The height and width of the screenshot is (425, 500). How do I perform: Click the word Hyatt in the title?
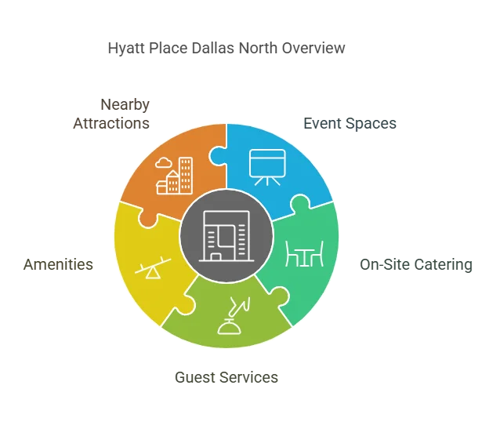tap(126, 49)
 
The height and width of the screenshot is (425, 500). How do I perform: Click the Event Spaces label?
tap(350, 123)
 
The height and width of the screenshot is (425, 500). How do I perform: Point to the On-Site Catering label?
tap(416, 264)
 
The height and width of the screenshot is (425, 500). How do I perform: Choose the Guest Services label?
tap(226, 377)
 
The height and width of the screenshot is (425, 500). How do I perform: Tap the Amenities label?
tap(58, 264)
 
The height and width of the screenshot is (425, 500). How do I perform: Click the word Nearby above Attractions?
tap(125, 105)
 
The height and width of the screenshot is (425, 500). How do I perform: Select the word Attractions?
tap(111, 123)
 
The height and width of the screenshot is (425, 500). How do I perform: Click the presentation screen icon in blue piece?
tap(267, 167)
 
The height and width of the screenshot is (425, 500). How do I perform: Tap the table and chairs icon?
tap(305, 254)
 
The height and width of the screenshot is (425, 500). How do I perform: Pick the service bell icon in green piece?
tap(234, 316)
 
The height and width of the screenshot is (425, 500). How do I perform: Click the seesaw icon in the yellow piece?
tap(153, 268)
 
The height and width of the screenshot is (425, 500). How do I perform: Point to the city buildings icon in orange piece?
tap(174, 176)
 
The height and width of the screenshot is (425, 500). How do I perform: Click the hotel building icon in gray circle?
tap(226, 236)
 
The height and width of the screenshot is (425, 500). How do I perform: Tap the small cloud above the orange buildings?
tap(163, 163)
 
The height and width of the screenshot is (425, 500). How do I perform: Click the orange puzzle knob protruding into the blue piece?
tap(216, 156)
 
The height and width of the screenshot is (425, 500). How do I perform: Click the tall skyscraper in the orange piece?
tap(186, 176)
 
